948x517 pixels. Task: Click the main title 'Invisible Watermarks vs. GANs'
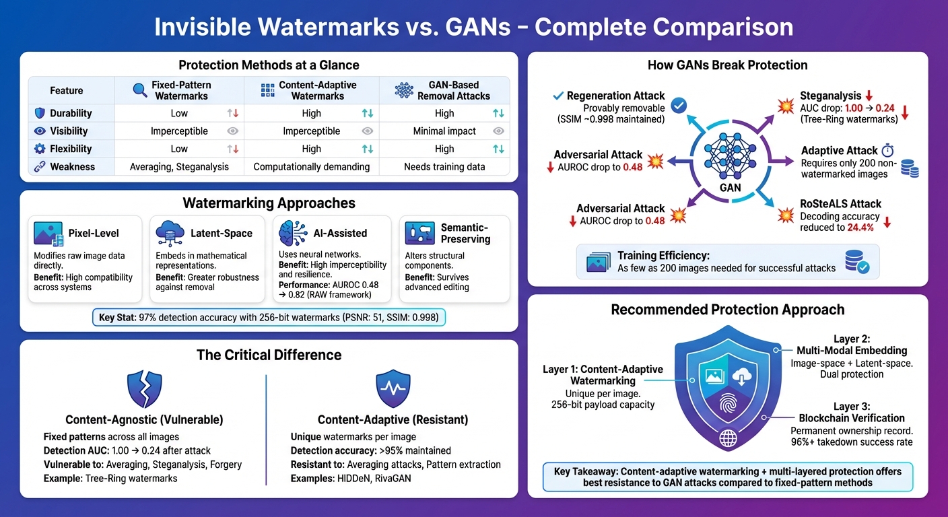pos(473,27)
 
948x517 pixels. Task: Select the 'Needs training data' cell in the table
pos(444,166)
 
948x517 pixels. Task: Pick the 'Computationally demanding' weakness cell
pos(311,166)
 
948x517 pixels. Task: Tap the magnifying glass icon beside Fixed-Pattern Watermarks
pos(140,90)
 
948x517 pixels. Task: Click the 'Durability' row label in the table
pos(71,113)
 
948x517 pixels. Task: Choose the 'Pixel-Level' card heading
pos(93,233)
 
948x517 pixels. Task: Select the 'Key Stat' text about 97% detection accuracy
pos(269,316)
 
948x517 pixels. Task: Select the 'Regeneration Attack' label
pos(615,96)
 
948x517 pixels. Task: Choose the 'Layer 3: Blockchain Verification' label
pos(852,413)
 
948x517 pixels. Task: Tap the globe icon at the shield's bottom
pos(729,438)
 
